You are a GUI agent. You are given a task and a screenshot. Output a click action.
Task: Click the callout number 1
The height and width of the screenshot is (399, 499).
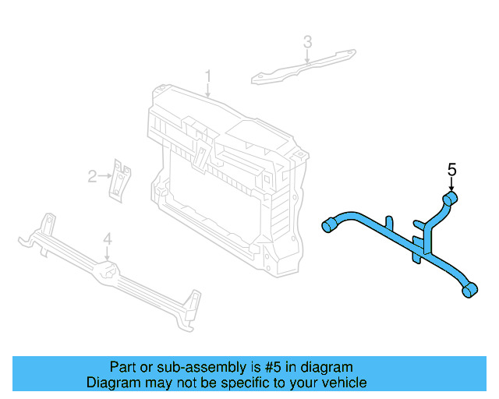[x=208, y=76]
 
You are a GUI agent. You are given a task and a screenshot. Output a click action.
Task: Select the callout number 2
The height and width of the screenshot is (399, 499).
[x=92, y=176]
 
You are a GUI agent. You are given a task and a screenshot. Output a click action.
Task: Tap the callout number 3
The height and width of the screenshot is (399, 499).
[x=307, y=41]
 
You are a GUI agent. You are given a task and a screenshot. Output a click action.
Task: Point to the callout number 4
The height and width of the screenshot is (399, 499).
[x=108, y=239]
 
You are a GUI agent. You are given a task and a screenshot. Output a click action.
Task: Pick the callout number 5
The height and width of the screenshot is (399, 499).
[x=451, y=169]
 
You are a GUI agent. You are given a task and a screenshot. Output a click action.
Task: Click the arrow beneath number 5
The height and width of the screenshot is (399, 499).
[x=451, y=185]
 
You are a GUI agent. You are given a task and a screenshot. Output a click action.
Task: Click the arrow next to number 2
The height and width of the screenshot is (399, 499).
[x=105, y=176]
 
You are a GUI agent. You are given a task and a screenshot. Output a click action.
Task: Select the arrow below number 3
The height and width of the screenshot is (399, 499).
[x=307, y=56]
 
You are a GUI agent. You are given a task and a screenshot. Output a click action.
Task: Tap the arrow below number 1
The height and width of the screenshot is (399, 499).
[x=208, y=90]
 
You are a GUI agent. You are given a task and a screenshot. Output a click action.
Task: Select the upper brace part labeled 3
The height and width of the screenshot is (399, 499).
[x=304, y=66]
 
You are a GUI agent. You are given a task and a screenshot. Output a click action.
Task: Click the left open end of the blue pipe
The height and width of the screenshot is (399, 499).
[x=327, y=226]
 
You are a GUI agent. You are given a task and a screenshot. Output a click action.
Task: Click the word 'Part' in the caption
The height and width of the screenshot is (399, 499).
[x=123, y=367]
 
